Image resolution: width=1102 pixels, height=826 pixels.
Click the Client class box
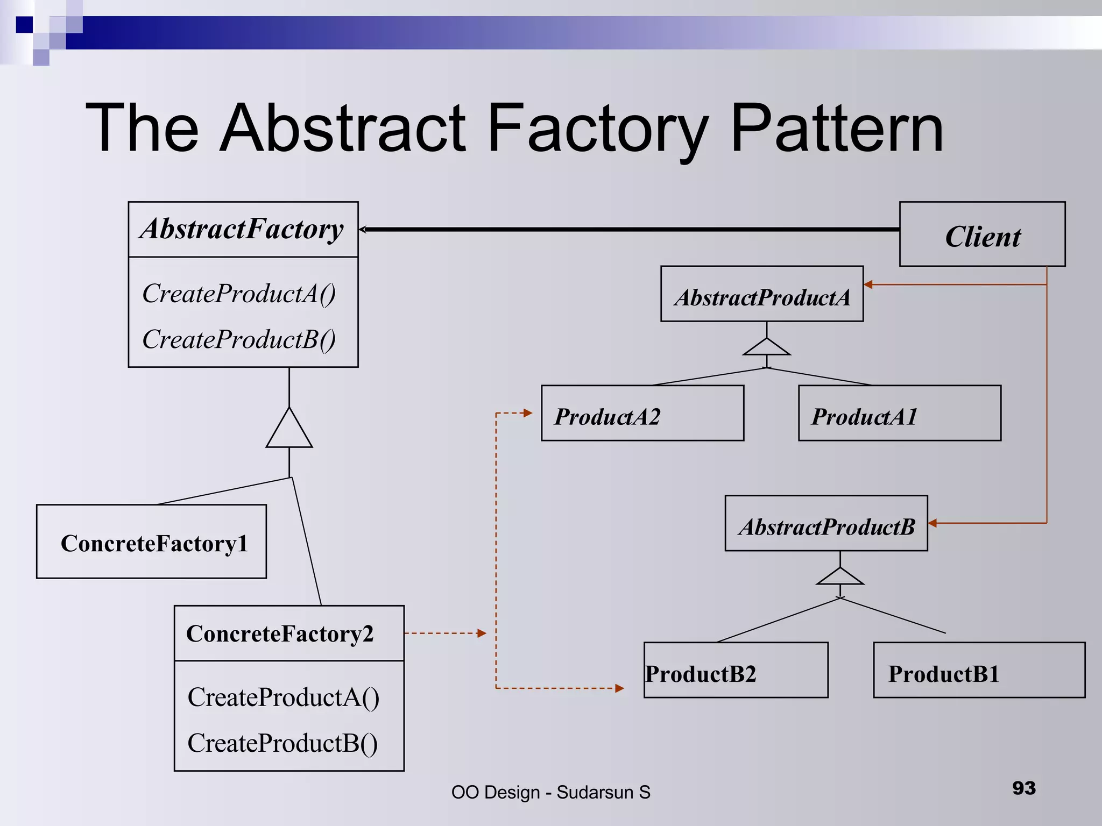[x=982, y=234]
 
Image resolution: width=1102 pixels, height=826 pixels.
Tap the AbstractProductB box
[x=826, y=523]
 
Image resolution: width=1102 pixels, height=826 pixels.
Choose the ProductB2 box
[x=736, y=670]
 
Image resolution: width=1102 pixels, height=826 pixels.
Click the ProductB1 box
[x=979, y=670]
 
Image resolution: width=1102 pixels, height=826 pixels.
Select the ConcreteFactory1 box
[x=151, y=542]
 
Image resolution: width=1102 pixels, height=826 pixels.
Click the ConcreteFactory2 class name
[x=280, y=633]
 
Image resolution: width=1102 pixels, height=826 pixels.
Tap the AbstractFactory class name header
[x=243, y=230]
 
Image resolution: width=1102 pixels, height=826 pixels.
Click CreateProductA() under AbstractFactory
[x=239, y=294]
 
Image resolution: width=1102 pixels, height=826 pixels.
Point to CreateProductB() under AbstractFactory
[x=239, y=340]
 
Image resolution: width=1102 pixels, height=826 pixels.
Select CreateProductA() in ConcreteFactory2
[x=284, y=697]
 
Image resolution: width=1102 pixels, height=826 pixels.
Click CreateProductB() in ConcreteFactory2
[x=282, y=743]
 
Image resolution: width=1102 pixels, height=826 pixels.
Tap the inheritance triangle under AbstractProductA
[x=767, y=348]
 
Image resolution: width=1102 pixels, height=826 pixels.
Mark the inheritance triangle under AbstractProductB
[x=840, y=578]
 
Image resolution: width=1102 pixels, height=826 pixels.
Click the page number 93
[x=1023, y=788]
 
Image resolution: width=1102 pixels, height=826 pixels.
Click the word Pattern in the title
[x=837, y=129]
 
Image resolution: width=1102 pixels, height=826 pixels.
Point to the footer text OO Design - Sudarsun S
[x=550, y=792]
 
